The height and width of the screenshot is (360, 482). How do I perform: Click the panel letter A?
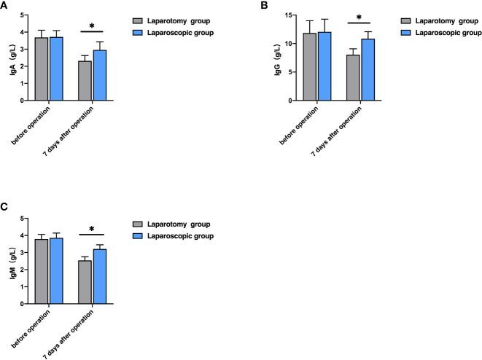(4, 5)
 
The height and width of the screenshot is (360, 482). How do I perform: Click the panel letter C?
(4, 208)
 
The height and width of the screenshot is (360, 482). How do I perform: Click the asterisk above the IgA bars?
(91, 27)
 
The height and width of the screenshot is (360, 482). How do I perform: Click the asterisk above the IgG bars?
(359, 17)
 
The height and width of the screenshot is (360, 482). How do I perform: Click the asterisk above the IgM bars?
(91, 230)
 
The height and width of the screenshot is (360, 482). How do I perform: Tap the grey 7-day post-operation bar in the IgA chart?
(85, 81)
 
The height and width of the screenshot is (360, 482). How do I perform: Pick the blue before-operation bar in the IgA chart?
(55, 69)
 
